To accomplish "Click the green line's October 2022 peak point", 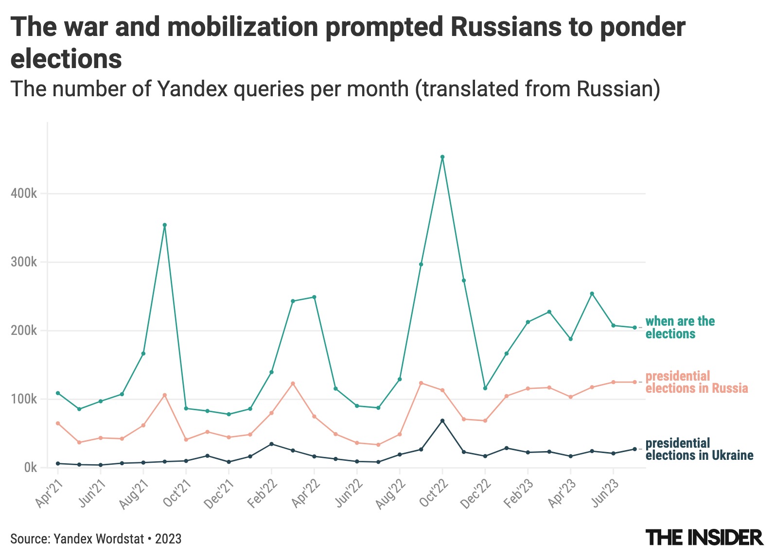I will [x=442, y=157].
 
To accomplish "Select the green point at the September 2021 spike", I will [x=165, y=225].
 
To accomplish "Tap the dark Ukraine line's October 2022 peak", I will [x=442, y=420].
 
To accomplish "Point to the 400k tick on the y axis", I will [x=24, y=194].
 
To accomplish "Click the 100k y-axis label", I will [x=24, y=400].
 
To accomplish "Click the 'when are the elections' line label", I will [x=680, y=327].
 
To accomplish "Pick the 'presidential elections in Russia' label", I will [x=696, y=382].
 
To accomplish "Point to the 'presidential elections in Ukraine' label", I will [x=699, y=449].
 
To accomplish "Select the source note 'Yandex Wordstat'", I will [x=99, y=539].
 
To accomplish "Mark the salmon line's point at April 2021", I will [x=58, y=423].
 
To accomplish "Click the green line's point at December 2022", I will [x=485, y=388].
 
